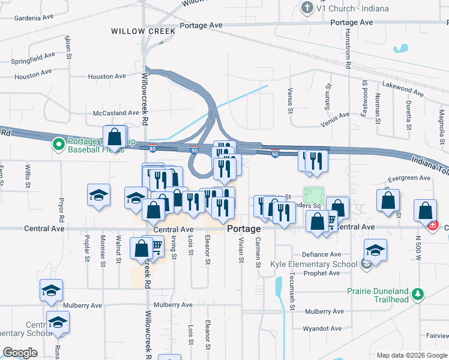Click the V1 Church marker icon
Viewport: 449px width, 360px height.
[x=307, y=8]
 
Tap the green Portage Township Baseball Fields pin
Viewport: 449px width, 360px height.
[x=59, y=144]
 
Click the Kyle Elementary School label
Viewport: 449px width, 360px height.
[x=322, y=264]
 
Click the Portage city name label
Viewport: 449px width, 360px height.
[x=244, y=229]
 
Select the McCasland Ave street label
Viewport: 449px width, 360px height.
[x=116, y=113]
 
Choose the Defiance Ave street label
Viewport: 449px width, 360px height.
[x=321, y=254]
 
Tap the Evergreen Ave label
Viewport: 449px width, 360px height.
[x=409, y=178]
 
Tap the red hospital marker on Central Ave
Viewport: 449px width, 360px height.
[x=432, y=226]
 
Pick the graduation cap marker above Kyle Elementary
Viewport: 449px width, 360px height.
[x=375, y=249]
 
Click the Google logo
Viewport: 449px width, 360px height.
[x=20, y=353]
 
